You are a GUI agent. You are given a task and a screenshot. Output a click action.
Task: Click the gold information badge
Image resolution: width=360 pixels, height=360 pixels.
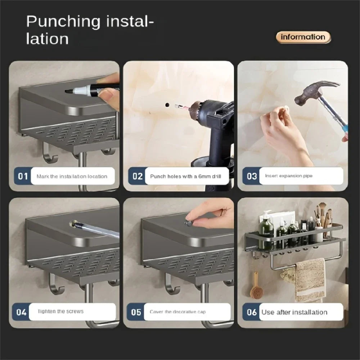[x=303, y=37]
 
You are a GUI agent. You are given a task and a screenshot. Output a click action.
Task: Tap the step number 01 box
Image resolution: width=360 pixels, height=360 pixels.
[x=23, y=176]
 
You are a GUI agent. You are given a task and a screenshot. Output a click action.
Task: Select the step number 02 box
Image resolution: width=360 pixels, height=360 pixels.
[x=137, y=176]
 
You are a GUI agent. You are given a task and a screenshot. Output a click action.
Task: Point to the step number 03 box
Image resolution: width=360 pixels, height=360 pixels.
[x=251, y=176]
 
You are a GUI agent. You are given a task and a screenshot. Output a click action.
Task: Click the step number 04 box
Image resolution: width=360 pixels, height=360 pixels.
[x=21, y=312]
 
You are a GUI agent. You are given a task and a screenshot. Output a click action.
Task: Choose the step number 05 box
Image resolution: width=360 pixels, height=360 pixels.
[x=136, y=312]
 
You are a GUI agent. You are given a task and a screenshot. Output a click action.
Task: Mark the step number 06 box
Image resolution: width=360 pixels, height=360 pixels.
[x=251, y=312]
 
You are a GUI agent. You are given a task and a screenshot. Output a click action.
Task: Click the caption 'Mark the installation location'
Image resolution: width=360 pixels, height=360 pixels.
[x=72, y=176]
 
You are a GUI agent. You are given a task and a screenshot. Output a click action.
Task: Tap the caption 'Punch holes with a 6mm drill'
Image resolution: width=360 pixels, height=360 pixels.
[x=185, y=176]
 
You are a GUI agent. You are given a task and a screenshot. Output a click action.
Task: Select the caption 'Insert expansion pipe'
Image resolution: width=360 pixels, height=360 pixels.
[x=289, y=176]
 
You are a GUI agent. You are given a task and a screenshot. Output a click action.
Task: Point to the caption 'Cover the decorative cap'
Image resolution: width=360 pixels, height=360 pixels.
[x=178, y=312]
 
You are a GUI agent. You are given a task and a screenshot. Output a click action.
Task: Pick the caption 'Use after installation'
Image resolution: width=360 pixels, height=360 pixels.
[x=294, y=312]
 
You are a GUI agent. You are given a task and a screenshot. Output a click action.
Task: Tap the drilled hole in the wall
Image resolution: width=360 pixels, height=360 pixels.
[x=167, y=104]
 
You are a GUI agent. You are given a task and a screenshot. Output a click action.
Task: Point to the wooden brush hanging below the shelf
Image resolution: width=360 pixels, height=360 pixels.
[x=256, y=288]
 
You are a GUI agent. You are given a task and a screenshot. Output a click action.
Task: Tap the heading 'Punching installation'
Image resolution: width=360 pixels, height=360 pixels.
[x=90, y=30]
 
